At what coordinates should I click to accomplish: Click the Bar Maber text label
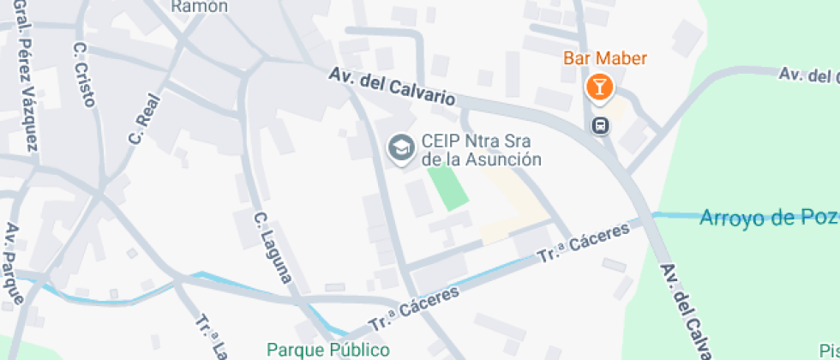tap(604, 58)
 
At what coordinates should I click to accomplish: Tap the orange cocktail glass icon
tap(599, 87)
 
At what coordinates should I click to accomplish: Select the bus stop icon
tap(601, 125)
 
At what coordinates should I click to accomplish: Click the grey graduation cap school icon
tap(399, 148)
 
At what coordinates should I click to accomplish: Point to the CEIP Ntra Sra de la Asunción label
tap(481, 150)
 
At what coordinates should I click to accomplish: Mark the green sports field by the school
tap(448, 188)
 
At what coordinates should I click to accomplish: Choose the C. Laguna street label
tap(273, 248)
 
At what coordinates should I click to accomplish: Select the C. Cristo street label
tap(83, 75)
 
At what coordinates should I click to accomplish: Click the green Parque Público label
tap(328, 350)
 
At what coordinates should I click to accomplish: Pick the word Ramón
tap(200, 6)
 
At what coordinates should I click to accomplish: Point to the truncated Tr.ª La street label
tap(211, 338)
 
